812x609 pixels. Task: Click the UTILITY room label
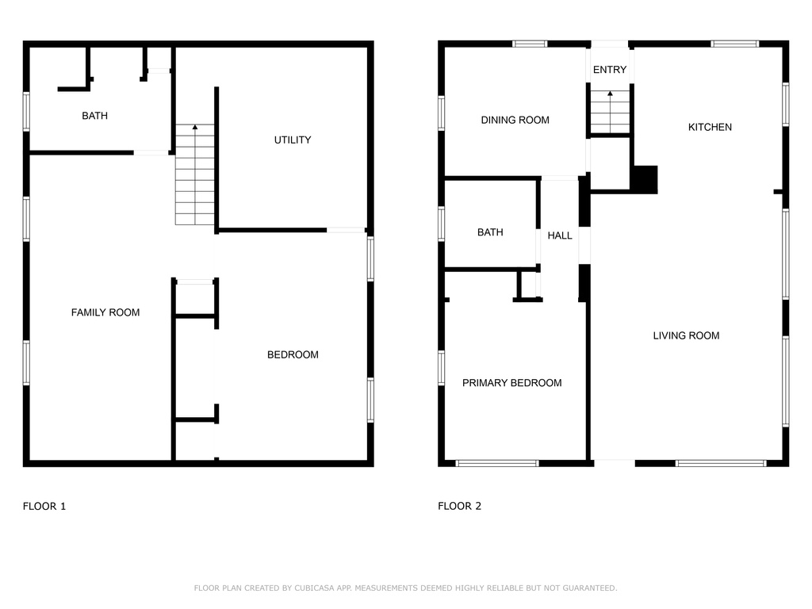293,140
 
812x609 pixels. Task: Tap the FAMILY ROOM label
105,312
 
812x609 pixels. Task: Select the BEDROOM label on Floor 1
293,354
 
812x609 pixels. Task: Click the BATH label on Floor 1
95,116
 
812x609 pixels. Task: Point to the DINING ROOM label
515,121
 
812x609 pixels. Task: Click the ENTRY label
610,70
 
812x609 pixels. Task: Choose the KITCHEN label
710,127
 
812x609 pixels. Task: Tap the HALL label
560,236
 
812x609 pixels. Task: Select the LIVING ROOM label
686,335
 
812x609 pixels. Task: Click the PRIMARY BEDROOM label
512,383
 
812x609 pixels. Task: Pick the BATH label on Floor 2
490,232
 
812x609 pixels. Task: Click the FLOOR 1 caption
44,506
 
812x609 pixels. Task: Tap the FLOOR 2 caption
459,506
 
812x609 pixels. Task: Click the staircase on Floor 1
195,174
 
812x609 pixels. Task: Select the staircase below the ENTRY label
610,113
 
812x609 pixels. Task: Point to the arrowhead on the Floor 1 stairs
195,127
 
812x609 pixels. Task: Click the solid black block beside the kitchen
645,180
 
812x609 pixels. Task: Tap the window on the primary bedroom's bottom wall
497,463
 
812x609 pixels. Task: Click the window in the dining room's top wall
530,44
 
